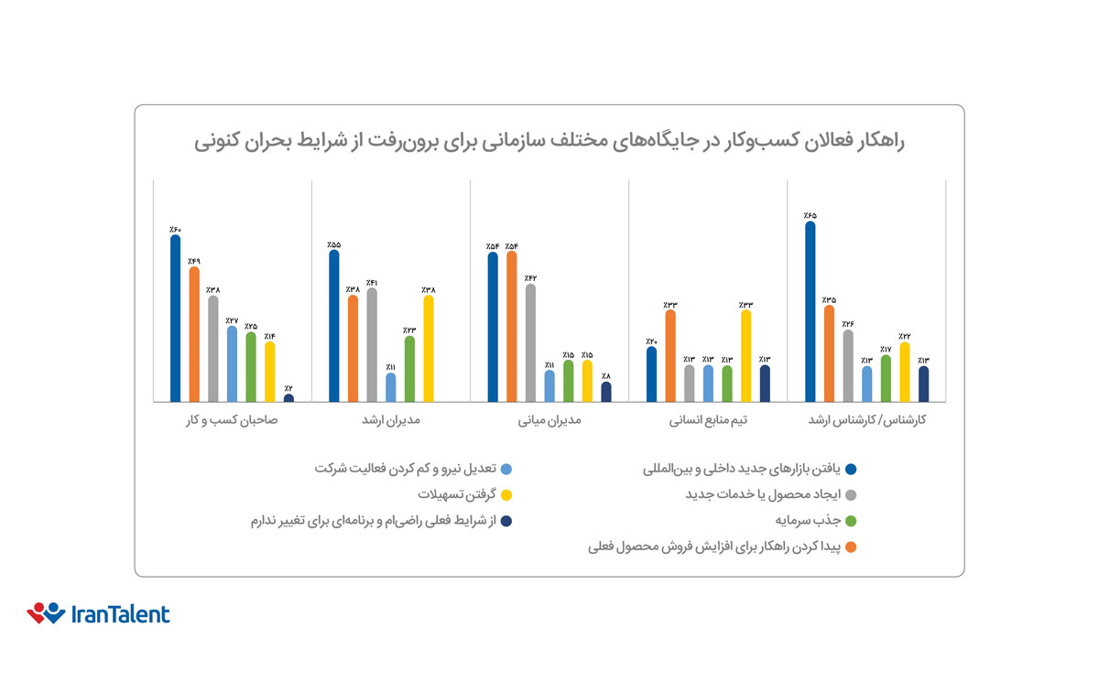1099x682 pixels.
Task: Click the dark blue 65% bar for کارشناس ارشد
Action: [x=810, y=312]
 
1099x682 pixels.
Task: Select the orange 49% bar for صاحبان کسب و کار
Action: [x=194, y=334]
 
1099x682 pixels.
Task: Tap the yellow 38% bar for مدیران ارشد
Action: [x=429, y=349]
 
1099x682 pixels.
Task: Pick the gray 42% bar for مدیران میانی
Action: [x=530, y=343]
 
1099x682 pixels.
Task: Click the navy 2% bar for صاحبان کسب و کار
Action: [x=288, y=398]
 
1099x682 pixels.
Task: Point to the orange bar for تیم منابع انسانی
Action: [x=670, y=356]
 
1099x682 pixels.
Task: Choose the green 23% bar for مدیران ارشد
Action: [x=409, y=369]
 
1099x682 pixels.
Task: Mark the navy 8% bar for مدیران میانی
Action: [x=605, y=392]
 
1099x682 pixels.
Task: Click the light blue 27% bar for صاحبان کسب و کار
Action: [x=232, y=364]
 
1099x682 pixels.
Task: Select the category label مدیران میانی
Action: [x=549, y=421]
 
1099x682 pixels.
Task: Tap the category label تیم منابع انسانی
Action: [x=708, y=421]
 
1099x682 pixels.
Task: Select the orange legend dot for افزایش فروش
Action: [x=851, y=548]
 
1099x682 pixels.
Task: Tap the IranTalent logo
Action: [x=98, y=613]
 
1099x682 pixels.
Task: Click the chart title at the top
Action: [x=549, y=143]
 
